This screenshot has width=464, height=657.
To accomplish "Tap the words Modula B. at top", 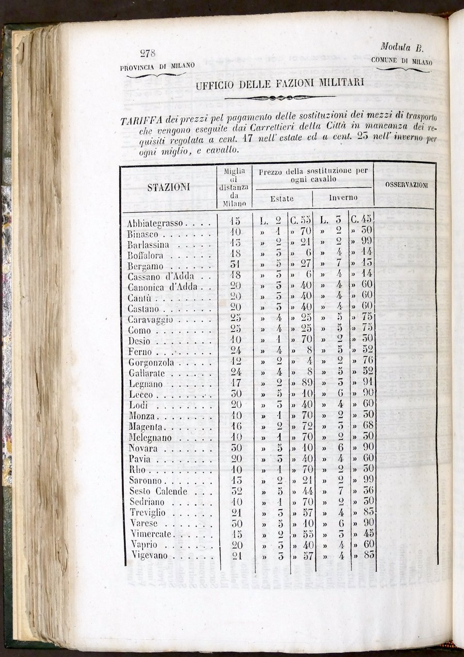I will pyautogui.click(x=401, y=47).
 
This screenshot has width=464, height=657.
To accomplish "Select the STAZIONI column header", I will pyautogui.click(x=169, y=187).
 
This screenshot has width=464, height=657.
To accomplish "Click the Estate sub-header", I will pyautogui.click(x=282, y=199).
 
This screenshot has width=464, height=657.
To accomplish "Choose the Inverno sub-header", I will pyautogui.click(x=343, y=198).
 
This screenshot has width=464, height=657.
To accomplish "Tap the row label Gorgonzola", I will pyautogui.click(x=152, y=363).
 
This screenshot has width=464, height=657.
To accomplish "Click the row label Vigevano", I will pyautogui.click(x=148, y=556).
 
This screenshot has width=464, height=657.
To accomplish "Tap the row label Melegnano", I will pyautogui.click(x=150, y=438).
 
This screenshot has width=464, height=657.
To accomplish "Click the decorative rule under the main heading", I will pyautogui.click(x=280, y=98).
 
